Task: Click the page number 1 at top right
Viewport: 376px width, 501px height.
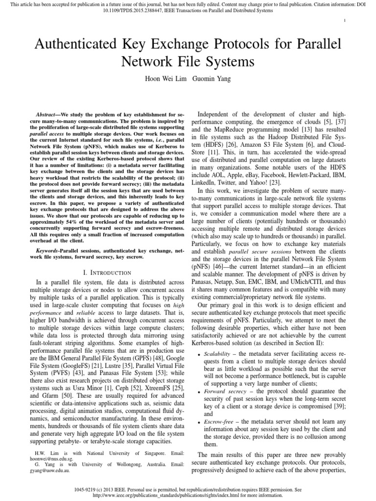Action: point(346,20)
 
